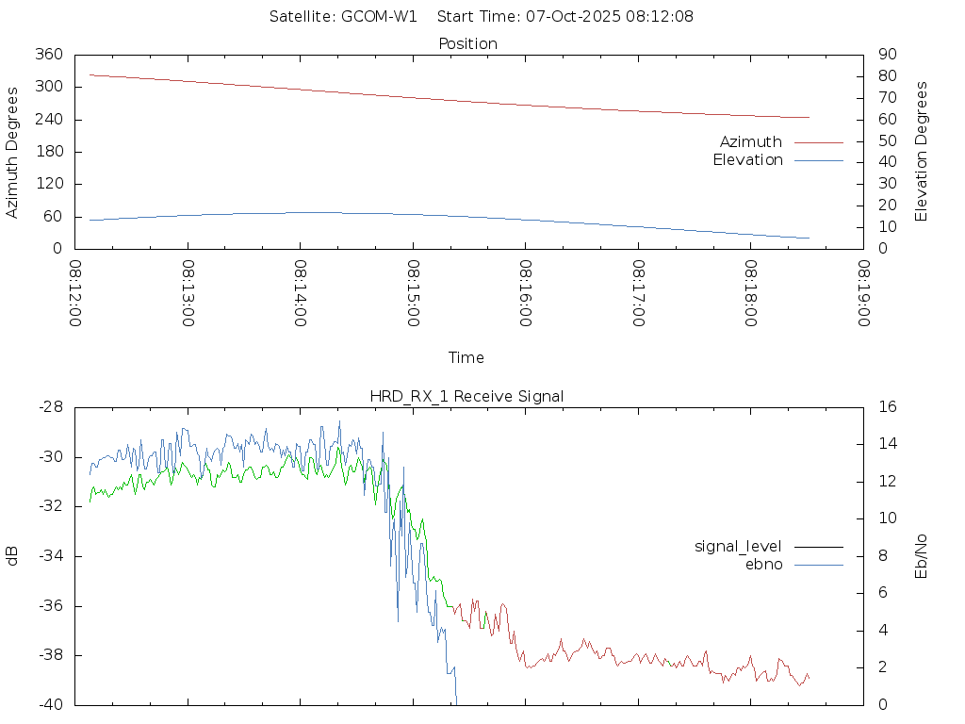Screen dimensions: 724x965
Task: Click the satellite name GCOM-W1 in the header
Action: (379, 16)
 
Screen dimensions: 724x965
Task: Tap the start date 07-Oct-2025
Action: (560, 16)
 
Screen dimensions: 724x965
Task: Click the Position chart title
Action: (468, 43)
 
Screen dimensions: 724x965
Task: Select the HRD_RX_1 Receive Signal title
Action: (467, 396)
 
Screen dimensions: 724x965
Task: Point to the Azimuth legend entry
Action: (751, 141)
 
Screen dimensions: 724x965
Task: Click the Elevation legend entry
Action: (747, 160)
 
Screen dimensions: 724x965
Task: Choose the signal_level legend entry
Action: (739, 546)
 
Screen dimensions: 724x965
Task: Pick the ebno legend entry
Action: (764, 565)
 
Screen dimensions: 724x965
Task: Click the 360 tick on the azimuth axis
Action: (48, 55)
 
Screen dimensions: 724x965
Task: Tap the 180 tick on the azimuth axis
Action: (48, 152)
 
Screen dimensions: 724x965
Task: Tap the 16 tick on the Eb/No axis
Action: (887, 407)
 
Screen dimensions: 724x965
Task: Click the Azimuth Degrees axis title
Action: (12, 152)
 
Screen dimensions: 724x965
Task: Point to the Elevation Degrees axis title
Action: (922, 152)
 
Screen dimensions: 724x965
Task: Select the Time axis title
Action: (466, 357)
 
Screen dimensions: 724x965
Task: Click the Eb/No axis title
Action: (922, 555)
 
